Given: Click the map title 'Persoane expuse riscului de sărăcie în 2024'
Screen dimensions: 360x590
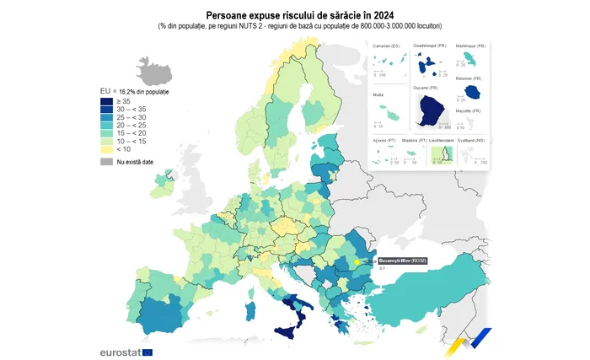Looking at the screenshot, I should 294,15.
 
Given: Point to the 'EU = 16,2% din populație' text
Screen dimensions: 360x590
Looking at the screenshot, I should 134,90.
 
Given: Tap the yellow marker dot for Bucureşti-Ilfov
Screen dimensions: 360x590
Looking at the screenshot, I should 357,262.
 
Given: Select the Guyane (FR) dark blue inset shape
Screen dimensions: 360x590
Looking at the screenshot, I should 432,110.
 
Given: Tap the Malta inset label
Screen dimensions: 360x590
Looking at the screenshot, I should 378,95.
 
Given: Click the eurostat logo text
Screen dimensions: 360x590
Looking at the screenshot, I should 120,351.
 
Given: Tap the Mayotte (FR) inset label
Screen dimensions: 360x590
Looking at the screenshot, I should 468,111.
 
